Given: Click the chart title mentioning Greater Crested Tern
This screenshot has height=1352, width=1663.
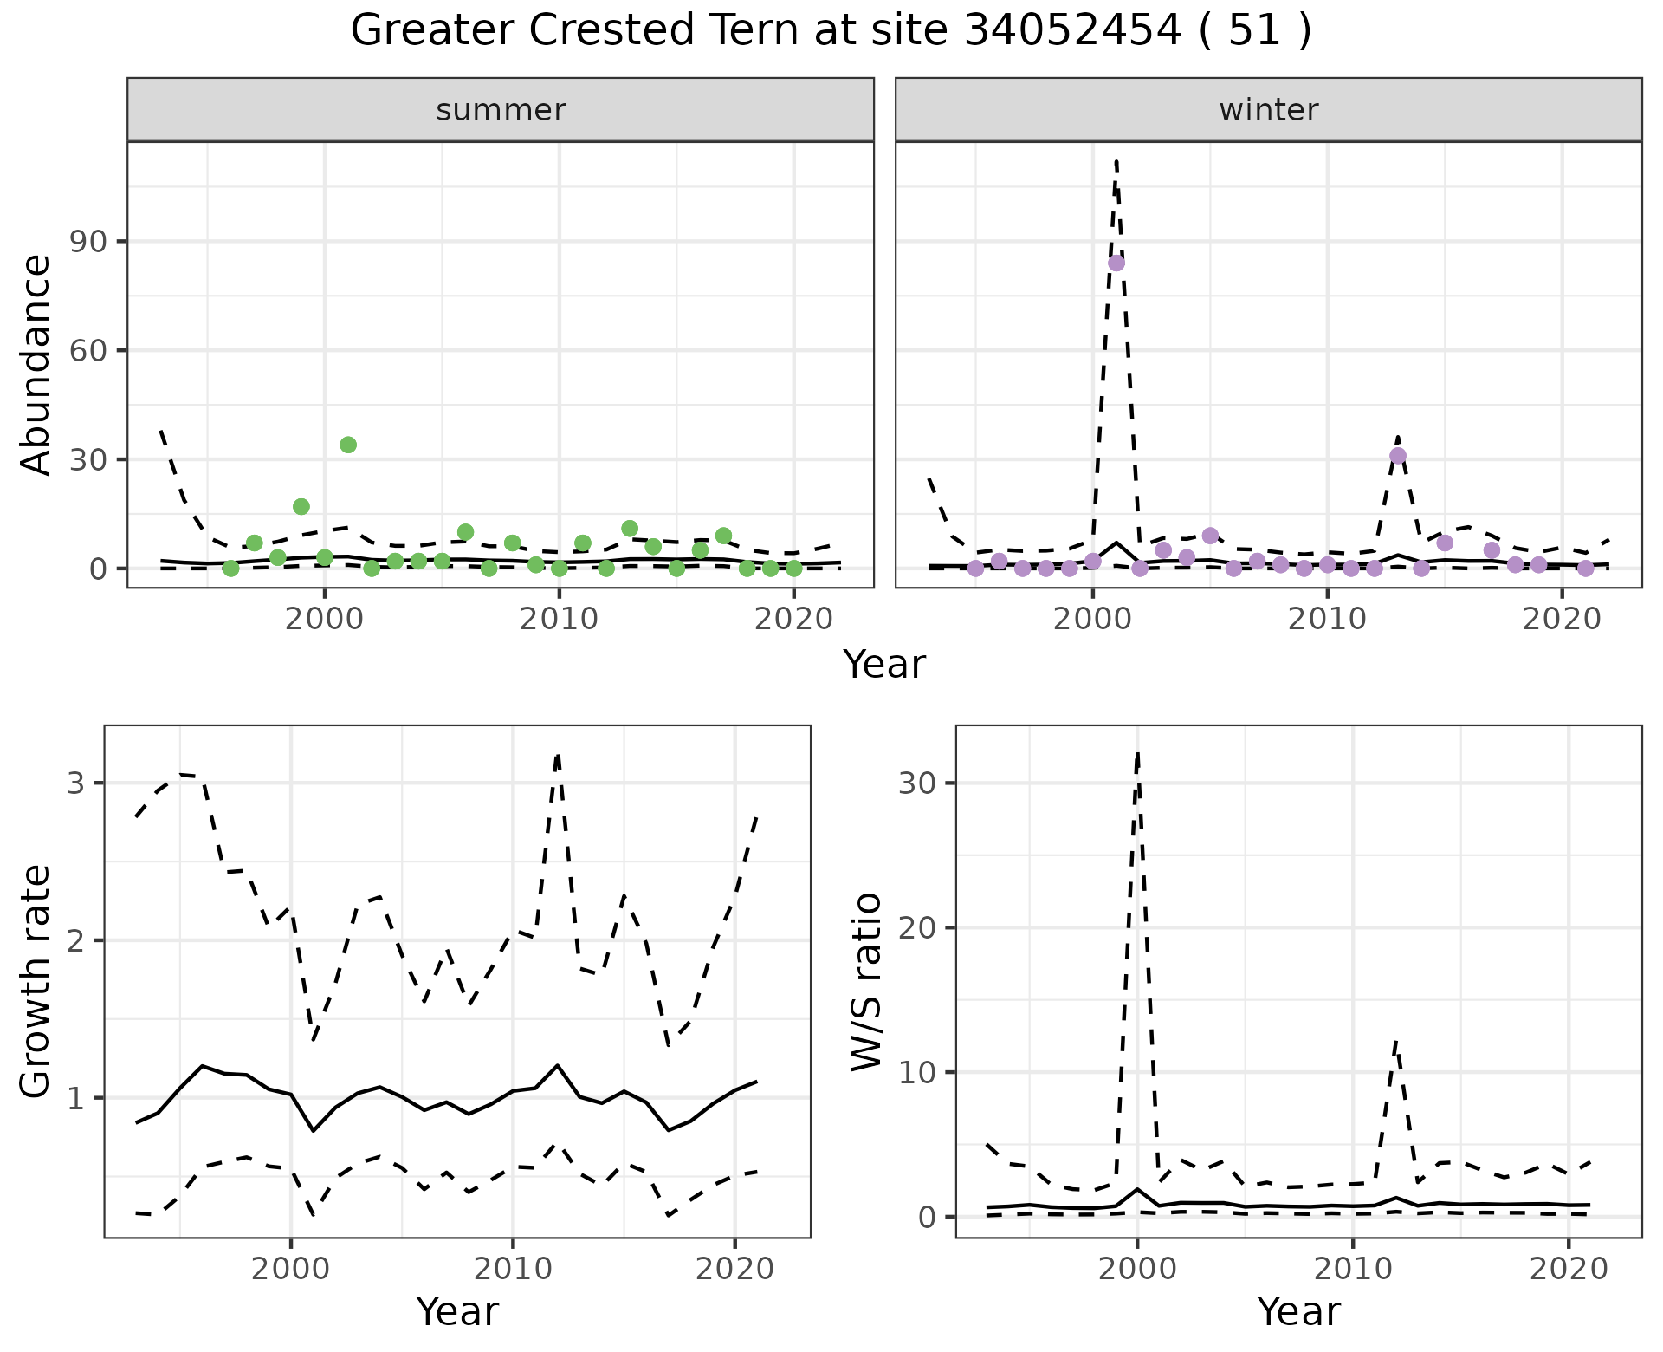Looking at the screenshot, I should pyautogui.click(x=831, y=32).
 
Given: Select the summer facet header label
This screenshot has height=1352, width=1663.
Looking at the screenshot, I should pyautogui.click(x=501, y=110).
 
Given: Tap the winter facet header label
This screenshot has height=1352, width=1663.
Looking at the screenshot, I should pyautogui.click(x=1268, y=110).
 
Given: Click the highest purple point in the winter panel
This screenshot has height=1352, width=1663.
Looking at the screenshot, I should pyautogui.click(x=1116, y=263).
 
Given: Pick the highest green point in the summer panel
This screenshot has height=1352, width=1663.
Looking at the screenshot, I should pyautogui.click(x=348, y=445).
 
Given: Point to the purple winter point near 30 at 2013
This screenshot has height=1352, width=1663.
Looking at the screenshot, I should pyautogui.click(x=1398, y=456).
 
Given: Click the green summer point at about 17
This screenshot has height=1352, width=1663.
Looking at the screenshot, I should pyautogui.click(x=301, y=506).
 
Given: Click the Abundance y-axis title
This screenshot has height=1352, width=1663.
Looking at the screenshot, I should pyautogui.click(x=36, y=364).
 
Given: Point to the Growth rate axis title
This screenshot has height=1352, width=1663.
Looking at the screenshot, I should pyautogui.click(x=36, y=981).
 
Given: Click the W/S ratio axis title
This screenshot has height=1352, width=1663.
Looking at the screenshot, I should pyautogui.click(x=866, y=981).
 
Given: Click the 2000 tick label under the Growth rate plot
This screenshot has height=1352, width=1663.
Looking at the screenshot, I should pyautogui.click(x=291, y=1269).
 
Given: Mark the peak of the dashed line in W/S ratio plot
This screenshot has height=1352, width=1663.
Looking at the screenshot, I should pyautogui.click(x=1137, y=752).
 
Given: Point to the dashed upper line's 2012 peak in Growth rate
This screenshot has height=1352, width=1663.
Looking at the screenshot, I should pyautogui.click(x=558, y=754).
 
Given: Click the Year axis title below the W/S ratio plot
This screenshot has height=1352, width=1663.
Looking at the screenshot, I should pyautogui.click(x=1298, y=1311).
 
